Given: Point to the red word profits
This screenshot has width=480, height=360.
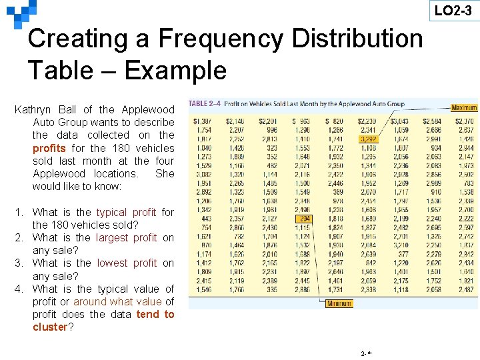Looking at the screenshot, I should click(49, 148).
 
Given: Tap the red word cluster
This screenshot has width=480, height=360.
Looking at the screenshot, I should click(50, 327).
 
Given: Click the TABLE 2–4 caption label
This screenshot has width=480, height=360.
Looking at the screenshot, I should click(205, 104).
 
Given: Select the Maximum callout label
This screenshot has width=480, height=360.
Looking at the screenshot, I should click(463, 107).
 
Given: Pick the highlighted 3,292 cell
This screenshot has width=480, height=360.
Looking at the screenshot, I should click(367, 139).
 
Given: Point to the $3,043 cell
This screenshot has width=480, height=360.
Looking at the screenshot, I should click(399, 121).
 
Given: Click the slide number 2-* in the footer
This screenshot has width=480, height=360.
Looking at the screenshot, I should click(365, 353).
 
